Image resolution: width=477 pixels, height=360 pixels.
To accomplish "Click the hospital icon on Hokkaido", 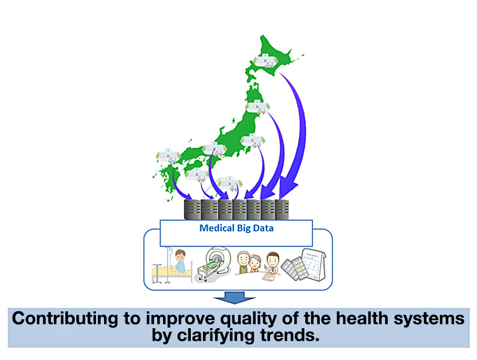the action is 266,61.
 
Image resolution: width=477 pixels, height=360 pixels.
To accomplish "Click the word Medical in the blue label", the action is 217,228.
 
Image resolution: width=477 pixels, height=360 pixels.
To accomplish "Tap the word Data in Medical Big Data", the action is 264,228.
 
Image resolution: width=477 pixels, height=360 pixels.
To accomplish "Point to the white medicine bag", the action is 313,264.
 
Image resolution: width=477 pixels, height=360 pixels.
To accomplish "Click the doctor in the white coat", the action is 272,262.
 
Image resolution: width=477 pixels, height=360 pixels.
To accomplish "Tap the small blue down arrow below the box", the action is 235,297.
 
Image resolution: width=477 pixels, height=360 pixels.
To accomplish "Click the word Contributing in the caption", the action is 65,318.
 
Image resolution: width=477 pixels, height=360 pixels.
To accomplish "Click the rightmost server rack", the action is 282,210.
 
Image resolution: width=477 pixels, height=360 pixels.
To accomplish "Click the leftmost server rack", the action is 193,210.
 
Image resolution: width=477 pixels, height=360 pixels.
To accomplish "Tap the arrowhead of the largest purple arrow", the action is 287,188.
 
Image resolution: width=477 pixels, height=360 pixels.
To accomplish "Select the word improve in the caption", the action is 180,319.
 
